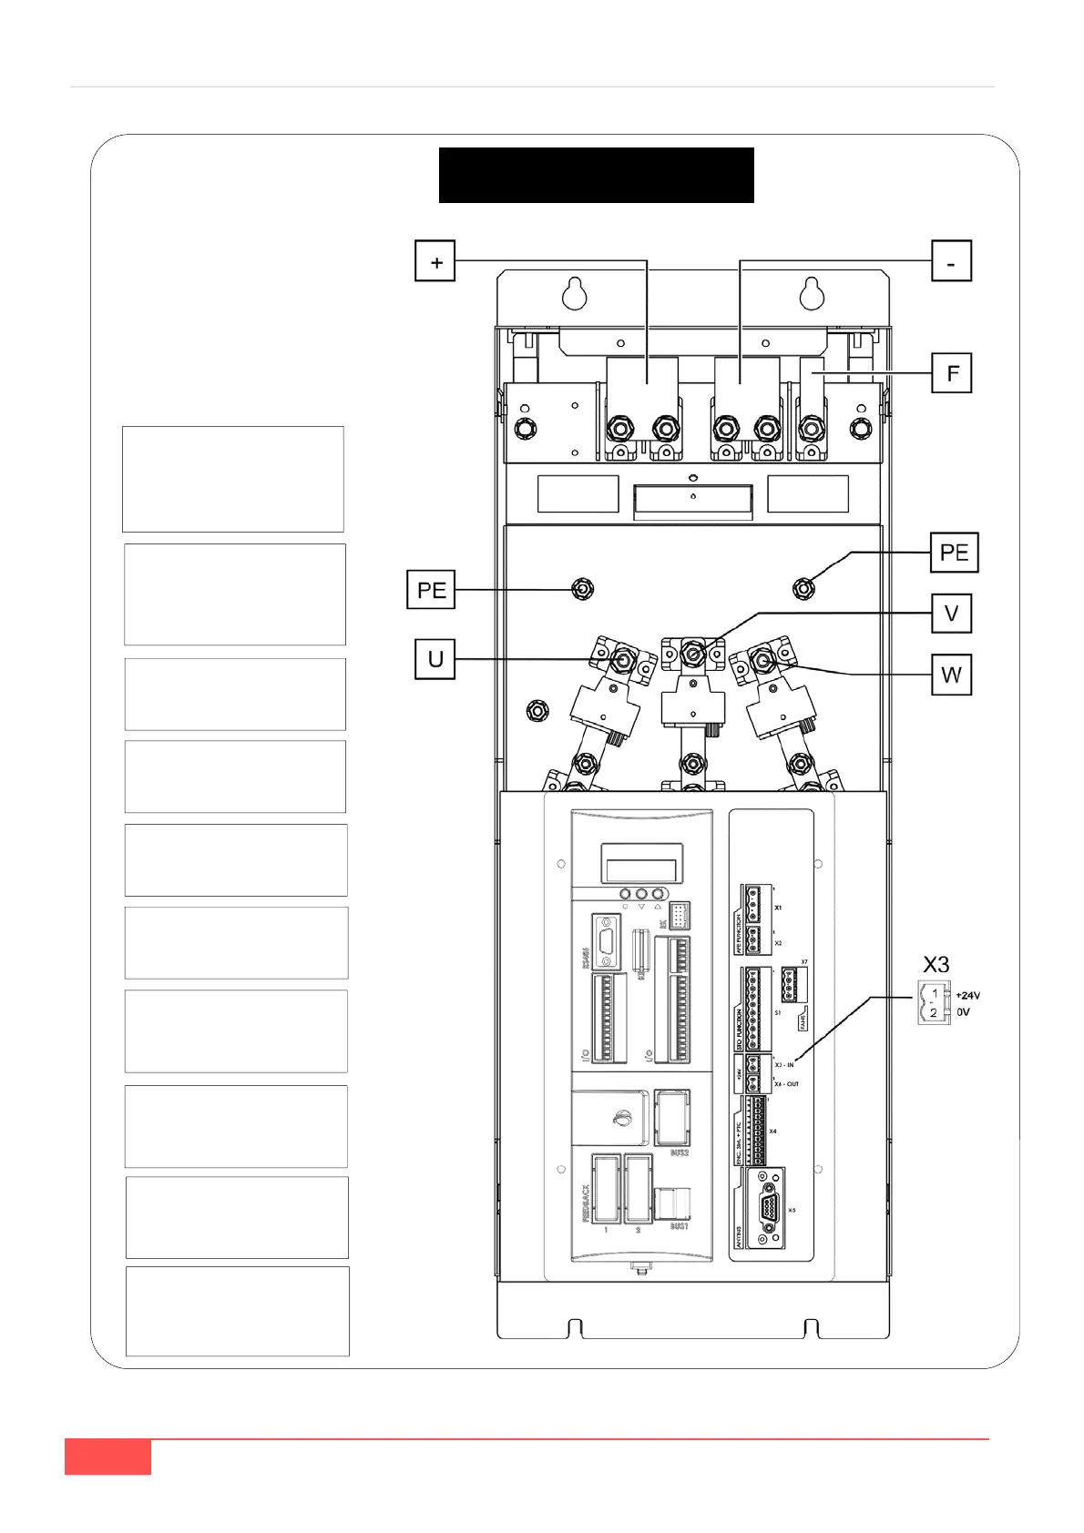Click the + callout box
click(435, 261)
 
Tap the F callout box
click(952, 373)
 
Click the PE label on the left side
click(431, 590)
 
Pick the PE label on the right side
click(954, 553)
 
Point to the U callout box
click(435, 658)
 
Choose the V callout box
click(952, 613)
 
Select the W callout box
click(952, 675)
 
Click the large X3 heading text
click(936, 965)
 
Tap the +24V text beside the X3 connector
click(968, 996)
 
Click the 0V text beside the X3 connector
click(963, 1012)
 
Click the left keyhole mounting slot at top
click(574, 293)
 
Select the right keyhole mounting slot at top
click(812, 293)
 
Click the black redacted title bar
click(596, 175)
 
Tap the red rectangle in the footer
click(107, 1457)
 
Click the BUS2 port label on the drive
click(679, 1152)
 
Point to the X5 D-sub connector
click(767, 1208)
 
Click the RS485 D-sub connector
click(606, 942)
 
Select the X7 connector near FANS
click(793, 984)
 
